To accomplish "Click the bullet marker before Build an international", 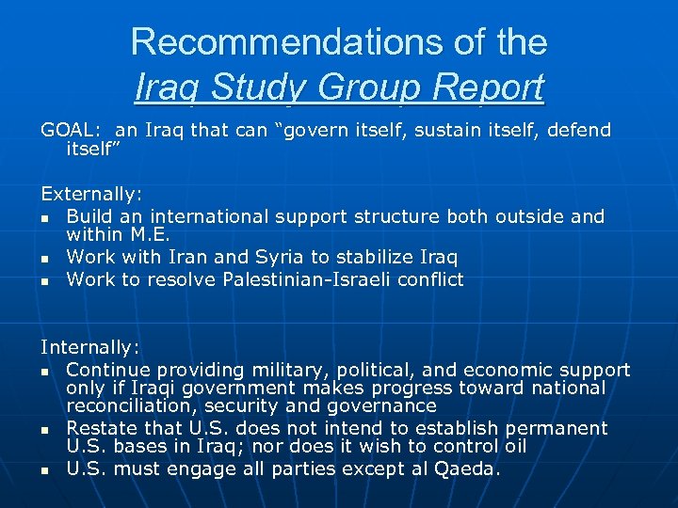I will click(45, 218).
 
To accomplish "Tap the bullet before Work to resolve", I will click(45, 280).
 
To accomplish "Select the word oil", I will click(513, 446).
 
